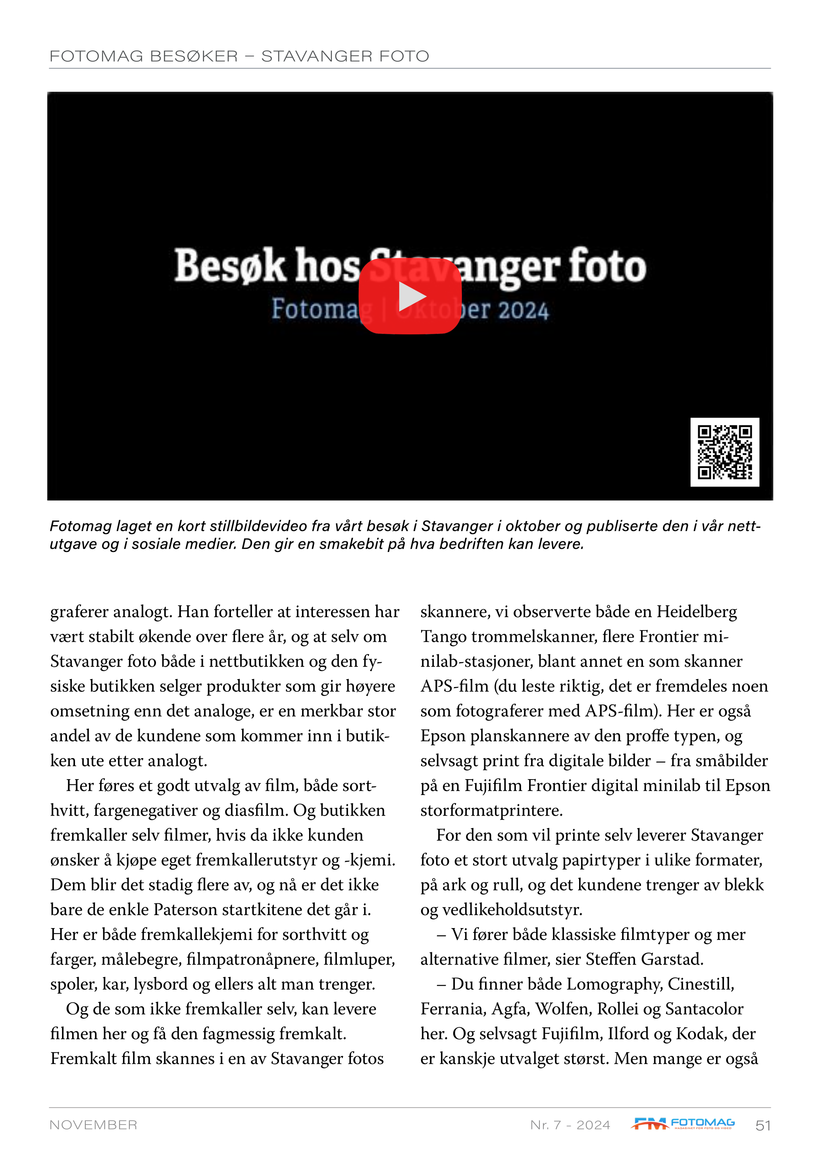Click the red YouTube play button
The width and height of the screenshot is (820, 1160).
coord(410,297)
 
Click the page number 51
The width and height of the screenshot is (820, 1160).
coord(762,1125)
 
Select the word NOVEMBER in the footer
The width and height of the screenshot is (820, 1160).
coord(93,1125)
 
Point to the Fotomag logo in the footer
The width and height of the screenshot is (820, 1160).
coord(683,1123)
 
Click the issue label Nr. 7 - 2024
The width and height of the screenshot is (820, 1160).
coord(570,1125)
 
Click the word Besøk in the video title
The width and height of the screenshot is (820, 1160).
coord(230,266)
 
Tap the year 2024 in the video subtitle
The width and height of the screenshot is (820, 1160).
coord(523,310)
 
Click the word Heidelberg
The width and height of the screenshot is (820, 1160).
coord(697,612)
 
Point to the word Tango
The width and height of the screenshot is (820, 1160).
coord(443,637)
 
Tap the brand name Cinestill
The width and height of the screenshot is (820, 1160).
coord(701,984)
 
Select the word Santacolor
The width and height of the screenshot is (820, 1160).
coord(705,1009)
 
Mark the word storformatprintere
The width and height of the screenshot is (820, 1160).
coord(491,811)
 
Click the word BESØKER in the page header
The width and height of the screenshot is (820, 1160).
coord(194,56)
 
